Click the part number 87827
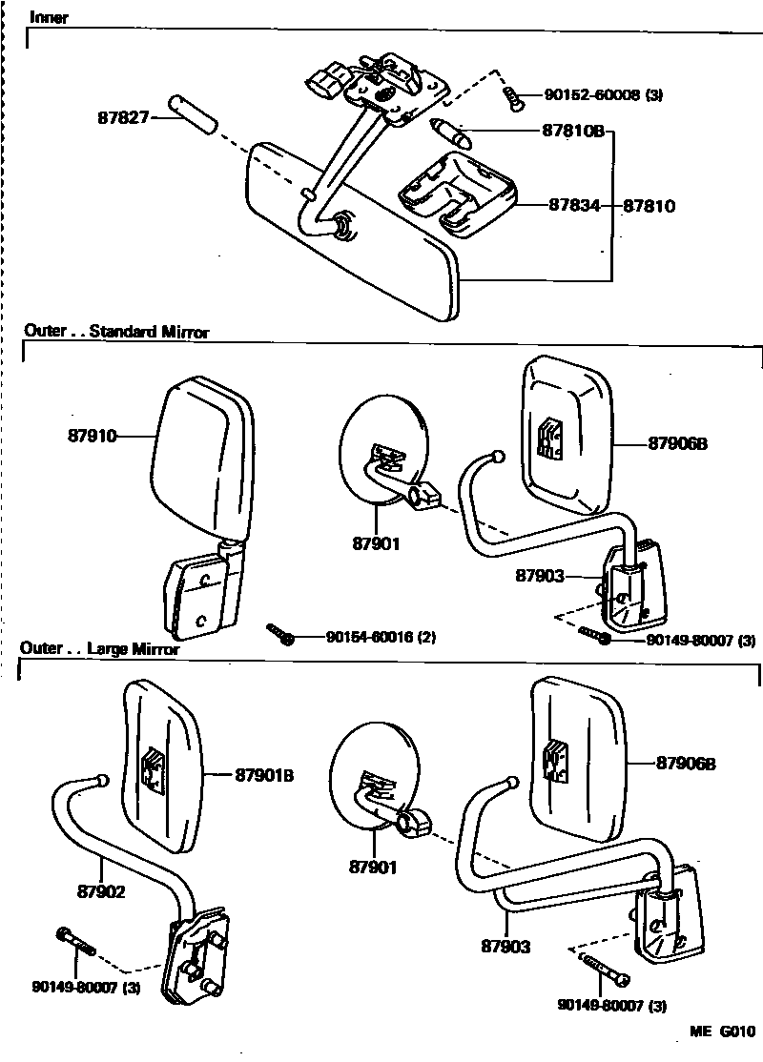(x=121, y=118)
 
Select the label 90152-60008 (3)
(x=604, y=94)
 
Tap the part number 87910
(x=92, y=436)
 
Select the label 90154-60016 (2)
(x=381, y=636)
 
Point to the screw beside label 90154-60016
(x=280, y=634)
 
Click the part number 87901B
(x=264, y=775)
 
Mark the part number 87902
(x=102, y=893)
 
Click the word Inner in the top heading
(x=49, y=18)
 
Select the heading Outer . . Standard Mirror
(x=115, y=332)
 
